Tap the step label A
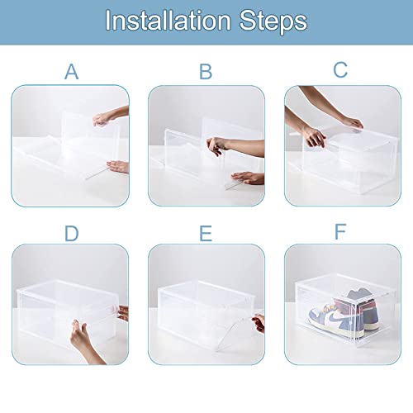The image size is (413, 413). click(x=71, y=72)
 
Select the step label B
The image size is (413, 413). click(x=206, y=72)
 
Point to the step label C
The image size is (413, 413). click(x=340, y=70)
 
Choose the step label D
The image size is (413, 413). click(x=71, y=234)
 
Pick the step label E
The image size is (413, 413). click(x=206, y=234)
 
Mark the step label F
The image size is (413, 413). click(x=340, y=232)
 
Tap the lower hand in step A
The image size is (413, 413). click(x=118, y=167)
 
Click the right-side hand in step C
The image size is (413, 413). click(x=351, y=123)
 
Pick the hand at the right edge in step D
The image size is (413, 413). click(x=124, y=312)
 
